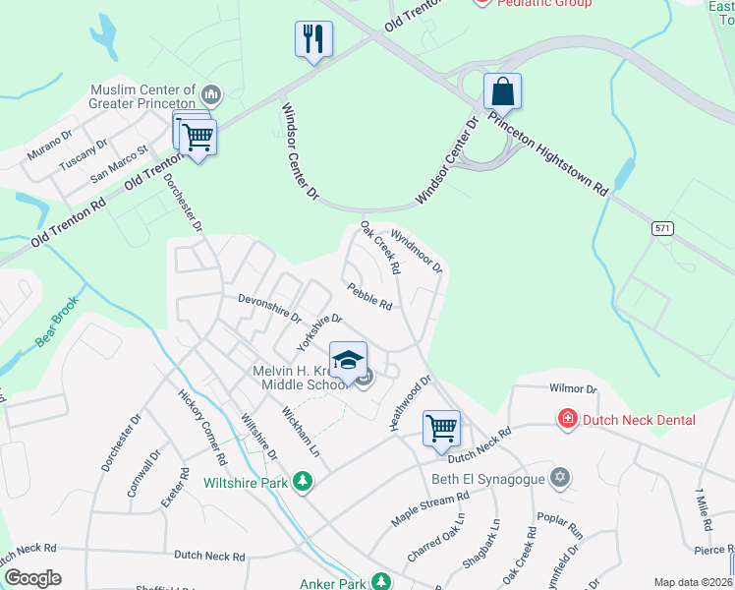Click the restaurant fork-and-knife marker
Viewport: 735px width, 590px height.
tap(313, 39)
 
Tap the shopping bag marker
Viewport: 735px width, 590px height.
tap(502, 92)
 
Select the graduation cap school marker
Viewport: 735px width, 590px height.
tap(348, 360)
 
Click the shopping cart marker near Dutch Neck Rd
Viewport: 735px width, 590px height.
tap(441, 428)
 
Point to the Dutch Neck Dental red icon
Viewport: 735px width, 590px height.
tap(567, 420)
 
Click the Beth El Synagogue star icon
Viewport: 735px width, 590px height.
tap(560, 478)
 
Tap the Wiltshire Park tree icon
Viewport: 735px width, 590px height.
tap(305, 482)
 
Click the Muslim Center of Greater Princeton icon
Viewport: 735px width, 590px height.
tap(210, 94)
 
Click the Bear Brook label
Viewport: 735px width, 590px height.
tap(56, 325)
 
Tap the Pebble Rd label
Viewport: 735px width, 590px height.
tap(369, 296)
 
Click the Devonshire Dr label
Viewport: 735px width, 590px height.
tap(269, 308)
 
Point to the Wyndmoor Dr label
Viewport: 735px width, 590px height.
tap(418, 252)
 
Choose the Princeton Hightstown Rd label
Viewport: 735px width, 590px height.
tap(547, 156)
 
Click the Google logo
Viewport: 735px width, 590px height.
tap(32, 578)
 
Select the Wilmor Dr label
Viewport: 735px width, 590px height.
tap(574, 389)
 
